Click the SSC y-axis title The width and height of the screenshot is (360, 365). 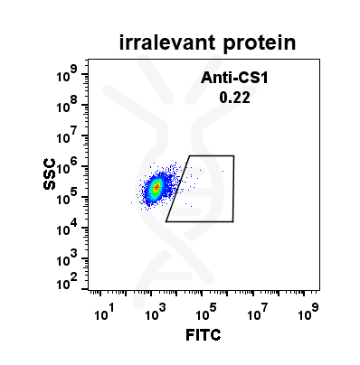pos(52,175)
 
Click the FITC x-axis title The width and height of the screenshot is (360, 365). pos(204,335)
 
